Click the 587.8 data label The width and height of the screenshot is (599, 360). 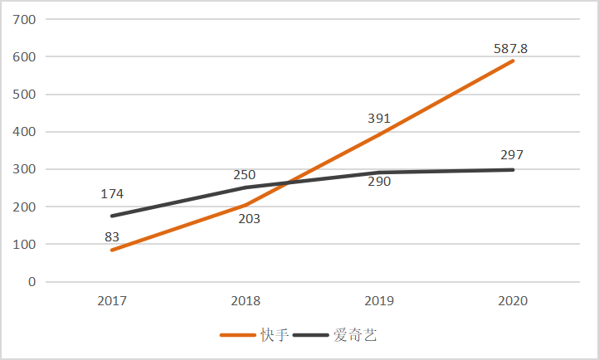510,49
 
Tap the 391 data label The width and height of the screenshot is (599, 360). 379,119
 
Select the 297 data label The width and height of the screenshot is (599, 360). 512,155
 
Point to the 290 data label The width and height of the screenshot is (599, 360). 379,182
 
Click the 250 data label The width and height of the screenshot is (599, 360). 245,175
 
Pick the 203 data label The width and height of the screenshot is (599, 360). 250,219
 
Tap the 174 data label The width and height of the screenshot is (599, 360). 112,194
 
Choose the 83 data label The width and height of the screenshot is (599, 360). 112,237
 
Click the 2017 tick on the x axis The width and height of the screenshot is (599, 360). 112,301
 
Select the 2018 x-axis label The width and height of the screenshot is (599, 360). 246,301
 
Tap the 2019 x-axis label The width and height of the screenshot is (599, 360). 379,301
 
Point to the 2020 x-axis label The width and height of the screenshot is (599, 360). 513,301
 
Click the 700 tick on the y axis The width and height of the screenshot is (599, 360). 24,19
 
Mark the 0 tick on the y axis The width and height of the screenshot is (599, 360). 32,282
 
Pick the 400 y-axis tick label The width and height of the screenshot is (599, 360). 24,132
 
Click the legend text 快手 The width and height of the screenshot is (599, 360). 275,335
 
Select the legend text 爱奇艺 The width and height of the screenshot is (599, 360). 355,335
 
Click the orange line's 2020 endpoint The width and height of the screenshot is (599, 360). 513,61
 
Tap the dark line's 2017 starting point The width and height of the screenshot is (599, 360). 112,216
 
